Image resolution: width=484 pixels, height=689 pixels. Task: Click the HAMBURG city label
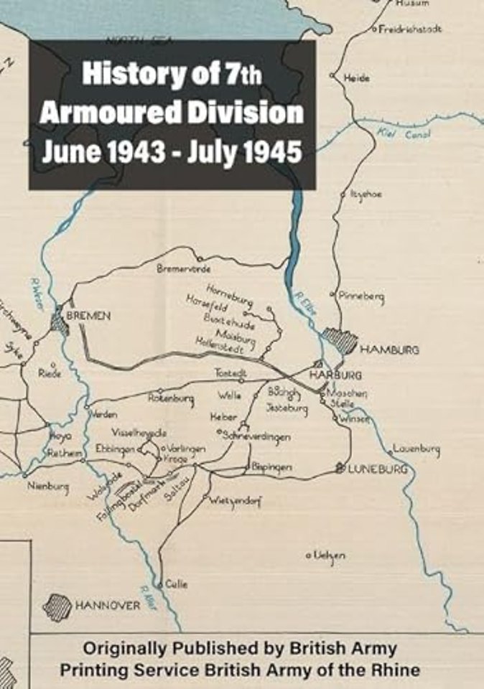(389, 350)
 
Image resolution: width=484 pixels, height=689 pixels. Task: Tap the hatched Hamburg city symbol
(338, 340)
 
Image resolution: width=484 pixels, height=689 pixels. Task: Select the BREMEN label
(88, 315)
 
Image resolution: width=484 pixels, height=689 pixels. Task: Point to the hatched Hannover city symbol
(57, 607)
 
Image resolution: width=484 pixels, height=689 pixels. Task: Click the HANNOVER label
(108, 606)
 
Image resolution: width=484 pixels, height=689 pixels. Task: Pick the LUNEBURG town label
(378, 469)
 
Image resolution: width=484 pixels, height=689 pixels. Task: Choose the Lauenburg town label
(416, 450)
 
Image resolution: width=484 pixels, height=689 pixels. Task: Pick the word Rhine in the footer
(394, 671)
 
